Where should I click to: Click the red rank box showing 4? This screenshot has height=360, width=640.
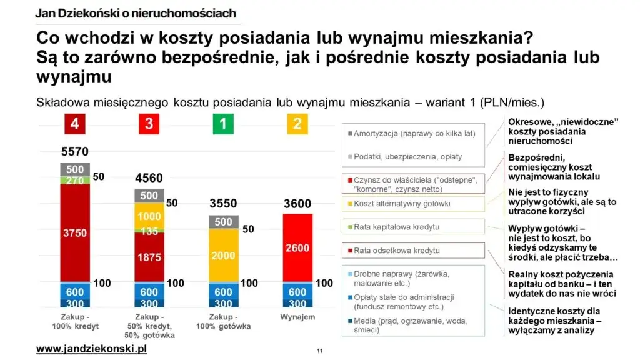pyautogui.click(x=74, y=124)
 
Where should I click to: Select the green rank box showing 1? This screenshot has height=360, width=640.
pyautogui.click(x=223, y=124)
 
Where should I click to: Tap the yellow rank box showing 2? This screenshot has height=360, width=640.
pyautogui.click(x=297, y=124)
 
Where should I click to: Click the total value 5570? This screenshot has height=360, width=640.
pyautogui.click(x=74, y=151)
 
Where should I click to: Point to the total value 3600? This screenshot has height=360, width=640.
pyautogui.click(x=297, y=203)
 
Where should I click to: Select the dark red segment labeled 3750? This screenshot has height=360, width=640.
pyautogui.click(x=74, y=232)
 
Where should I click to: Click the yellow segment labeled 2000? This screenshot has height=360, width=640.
pyautogui.click(x=223, y=256)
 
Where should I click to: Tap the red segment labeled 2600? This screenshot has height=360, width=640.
pyautogui.click(x=297, y=248)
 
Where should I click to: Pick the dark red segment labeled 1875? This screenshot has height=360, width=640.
pyautogui.click(x=149, y=257)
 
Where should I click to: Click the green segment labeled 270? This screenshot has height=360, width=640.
pyautogui.click(x=74, y=180)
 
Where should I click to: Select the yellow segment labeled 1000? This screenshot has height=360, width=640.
pyautogui.click(x=149, y=216)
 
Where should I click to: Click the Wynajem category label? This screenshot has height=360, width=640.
pyautogui.click(x=297, y=317)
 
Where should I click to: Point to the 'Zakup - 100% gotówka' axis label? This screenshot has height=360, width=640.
pyautogui.click(x=223, y=322)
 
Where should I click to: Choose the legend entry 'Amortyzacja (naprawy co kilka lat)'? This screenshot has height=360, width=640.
pyautogui.click(x=414, y=133)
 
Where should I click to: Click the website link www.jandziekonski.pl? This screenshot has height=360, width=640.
pyautogui.click(x=91, y=349)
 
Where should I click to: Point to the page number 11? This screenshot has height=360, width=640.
pyautogui.click(x=319, y=351)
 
